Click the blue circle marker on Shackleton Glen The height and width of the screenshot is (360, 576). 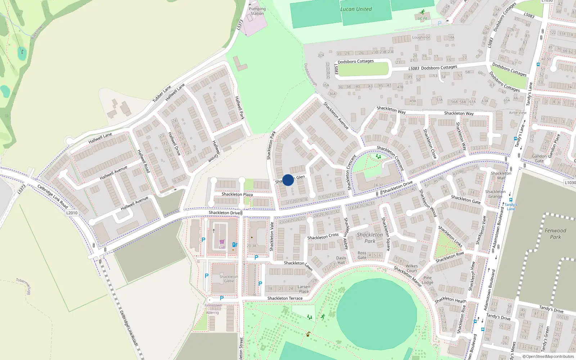coord(288,180)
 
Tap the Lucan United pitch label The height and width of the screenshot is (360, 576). coord(356,9)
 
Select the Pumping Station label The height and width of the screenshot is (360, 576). coord(257,11)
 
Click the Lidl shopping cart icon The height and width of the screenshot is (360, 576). coord(222,242)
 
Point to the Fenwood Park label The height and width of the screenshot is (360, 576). coord(555,234)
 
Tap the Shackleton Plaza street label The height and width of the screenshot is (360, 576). coord(237,194)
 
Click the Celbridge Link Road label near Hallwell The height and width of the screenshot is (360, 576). coord(53,197)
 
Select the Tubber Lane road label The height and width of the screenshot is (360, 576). coord(162,94)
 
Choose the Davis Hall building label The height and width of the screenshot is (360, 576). coord(341,260)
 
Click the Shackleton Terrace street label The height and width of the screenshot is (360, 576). coord(285,298)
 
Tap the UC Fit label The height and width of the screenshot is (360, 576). coord(422,18)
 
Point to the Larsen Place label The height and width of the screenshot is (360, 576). coord(304,289)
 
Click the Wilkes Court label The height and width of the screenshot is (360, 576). coord(412,268)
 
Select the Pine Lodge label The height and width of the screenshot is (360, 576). coord(427,280)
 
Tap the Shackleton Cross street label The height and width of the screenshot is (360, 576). coord(323,236)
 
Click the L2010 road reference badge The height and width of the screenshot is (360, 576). coord(72,213)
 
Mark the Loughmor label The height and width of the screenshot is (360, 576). coord(421,37)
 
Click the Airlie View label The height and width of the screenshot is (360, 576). coord(518,113)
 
